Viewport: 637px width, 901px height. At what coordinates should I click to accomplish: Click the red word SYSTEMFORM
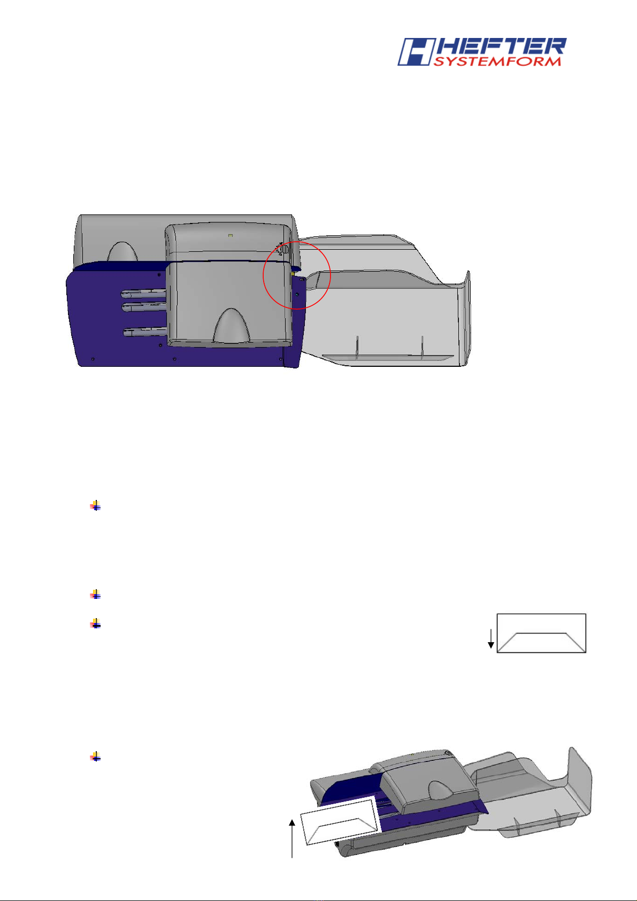pos(497,61)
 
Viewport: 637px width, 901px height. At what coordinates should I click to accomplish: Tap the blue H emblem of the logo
pos(416,52)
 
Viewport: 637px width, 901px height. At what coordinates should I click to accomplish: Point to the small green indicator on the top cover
pos(230,235)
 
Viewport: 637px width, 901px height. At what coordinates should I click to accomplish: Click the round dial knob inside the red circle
pos(284,249)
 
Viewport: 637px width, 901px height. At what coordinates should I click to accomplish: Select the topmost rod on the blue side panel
pos(144,294)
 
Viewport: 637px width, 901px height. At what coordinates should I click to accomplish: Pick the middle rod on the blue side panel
pos(144,307)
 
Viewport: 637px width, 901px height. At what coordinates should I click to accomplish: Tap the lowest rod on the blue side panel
pos(145,332)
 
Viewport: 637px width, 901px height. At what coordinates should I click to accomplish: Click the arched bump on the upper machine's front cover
pos(231,326)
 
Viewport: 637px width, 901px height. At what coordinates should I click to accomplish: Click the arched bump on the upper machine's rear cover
pos(122,251)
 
